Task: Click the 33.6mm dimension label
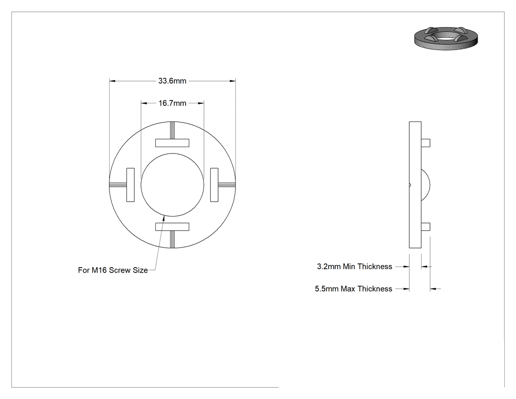(x=172, y=81)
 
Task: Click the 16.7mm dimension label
(x=172, y=103)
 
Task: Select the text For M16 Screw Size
(x=113, y=270)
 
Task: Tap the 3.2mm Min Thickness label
(x=354, y=266)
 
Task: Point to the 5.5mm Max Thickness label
(x=353, y=289)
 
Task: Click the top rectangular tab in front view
(x=172, y=143)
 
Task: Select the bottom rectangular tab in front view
(x=172, y=227)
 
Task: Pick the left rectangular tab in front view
(x=130, y=185)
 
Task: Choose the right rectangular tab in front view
(x=214, y=185)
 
